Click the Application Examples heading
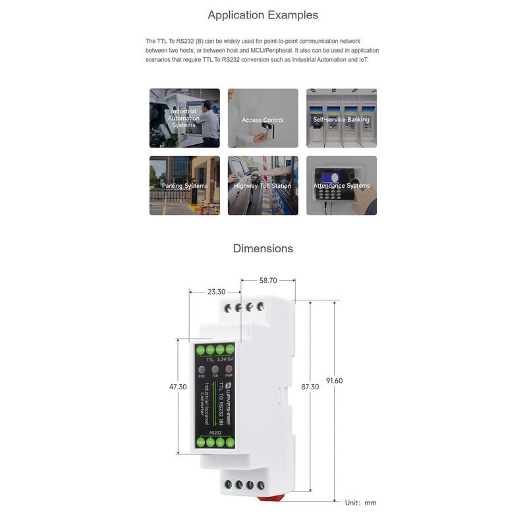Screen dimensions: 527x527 (263, 14)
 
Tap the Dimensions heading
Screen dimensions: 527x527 (263, 248)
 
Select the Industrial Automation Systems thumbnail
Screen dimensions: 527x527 (184, 119)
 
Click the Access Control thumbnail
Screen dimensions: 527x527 (263, 119)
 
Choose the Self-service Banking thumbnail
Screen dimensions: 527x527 (341, 119)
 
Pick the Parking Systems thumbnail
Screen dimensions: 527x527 (184, 186)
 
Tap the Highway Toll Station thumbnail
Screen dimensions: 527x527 (263, 186)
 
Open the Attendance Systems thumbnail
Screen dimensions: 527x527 (341, 186)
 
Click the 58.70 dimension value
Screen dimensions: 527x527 (268, 281)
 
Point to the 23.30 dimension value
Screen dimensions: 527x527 (216, 292)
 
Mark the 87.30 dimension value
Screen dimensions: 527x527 (310, 387)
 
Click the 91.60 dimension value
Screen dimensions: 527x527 (335, 381)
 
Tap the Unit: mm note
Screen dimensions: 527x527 (361, 503)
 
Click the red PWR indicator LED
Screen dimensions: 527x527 (229, 370)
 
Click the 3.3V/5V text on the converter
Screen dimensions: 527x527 (225, 360)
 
